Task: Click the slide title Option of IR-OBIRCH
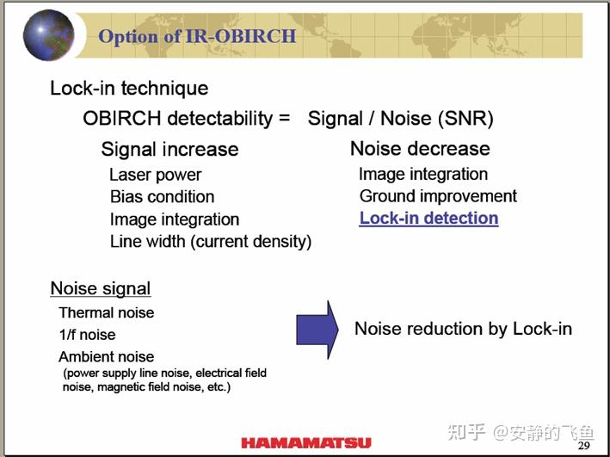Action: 197,36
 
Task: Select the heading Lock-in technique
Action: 129,88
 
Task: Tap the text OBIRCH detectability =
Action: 187,118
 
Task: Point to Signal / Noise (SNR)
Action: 400,118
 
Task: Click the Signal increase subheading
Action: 169,149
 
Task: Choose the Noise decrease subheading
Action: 420,148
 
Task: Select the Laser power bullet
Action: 155,175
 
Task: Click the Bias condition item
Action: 162,196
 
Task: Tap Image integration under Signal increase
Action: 175,219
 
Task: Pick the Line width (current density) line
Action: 211,242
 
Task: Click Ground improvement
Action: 438,196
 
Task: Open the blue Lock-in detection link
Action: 428,219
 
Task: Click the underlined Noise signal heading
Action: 101,288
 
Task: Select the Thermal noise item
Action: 107,312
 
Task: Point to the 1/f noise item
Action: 87,335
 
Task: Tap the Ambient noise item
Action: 107,356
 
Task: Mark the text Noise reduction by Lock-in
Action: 463,329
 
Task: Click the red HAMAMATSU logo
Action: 306,443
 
